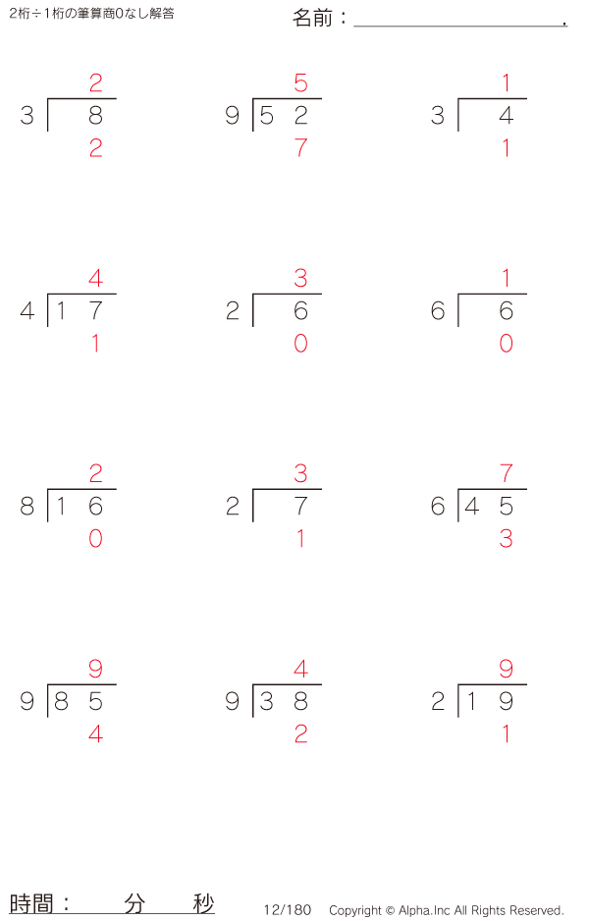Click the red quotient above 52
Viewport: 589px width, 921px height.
pyautogui.click(x=300, y=82)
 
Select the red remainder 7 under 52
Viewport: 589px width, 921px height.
pyautogui.click(x=300, y=147)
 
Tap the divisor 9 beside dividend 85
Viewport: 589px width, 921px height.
pyautogui.click(x=27, y=701)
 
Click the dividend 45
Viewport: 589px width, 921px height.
pyautogui.click(x=489, y=506)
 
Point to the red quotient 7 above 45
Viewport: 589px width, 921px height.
pyautogui.click(x=507, y=473)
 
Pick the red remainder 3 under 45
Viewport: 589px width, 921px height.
pyautogui.click(x=507, y=539)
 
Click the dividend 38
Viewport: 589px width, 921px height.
pyautogui.click(x=284, y=701)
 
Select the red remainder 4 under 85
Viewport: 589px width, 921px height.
pyautogui.click(x=96, y=734)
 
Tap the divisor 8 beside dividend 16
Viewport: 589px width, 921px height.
pyautogui.click(x=27, y=506)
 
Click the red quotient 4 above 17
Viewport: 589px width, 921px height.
pyautogui.click(x=96, y=278)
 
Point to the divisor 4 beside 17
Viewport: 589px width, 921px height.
pyautogui.click(x=27, y=310)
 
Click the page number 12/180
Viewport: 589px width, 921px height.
pyautogui.click(x=288, y=910)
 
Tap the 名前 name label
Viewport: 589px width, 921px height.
pyautogui.click(x=312, y=19)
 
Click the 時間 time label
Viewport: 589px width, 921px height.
pyautogui.click(x=31, y=903)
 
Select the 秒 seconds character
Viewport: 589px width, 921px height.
pyautogui.click(x=204, y=903)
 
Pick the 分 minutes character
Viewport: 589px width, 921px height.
pyautogui.click(x=134, y=903)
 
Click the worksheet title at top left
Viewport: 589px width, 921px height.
pyautogui.click(x=91, y=14)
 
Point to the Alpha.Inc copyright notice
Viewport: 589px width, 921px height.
pyautogui.click(x=447, y=910)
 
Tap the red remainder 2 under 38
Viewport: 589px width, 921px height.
pyautogui.click(x=300, y=734)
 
